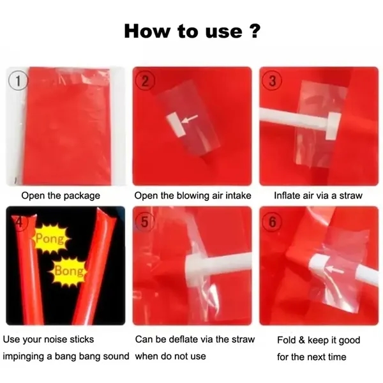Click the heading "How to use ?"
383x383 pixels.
[191, 31]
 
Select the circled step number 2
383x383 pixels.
[146, 80]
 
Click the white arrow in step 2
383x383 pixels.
[190, 119]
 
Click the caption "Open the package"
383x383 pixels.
[61, 195]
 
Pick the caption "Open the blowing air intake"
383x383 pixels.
[192, 195]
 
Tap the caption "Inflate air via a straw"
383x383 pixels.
[318, 195]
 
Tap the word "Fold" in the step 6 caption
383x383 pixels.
[288, 340]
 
